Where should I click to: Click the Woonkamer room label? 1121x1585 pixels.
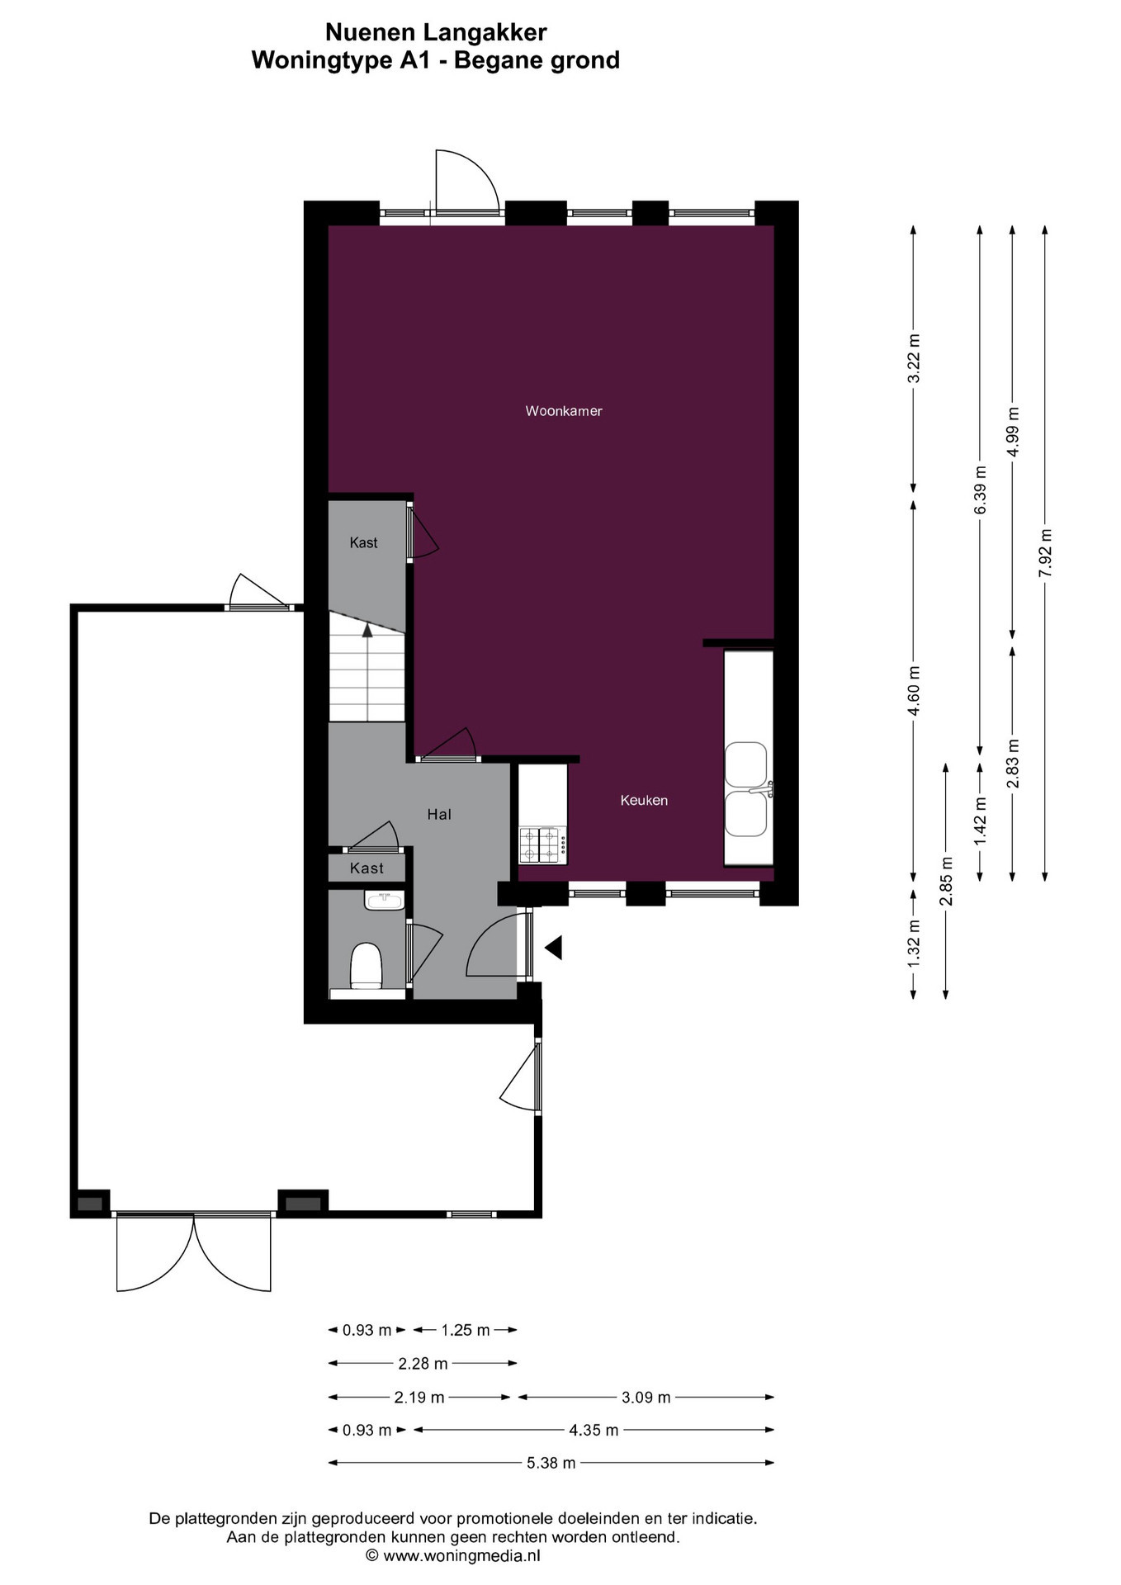(564, 411)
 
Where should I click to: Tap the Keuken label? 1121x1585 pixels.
(644, 800)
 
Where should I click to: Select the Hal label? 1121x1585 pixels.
(439, 815)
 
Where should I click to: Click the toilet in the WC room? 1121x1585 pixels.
(367, 966)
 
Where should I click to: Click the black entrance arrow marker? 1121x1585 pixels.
(553, 948)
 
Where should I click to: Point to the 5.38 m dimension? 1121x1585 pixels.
(551, 1463)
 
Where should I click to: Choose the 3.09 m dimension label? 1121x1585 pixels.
(646, 1398)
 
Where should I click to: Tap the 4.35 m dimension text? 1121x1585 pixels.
(594, 1430)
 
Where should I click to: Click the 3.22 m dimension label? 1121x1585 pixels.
(913, 359)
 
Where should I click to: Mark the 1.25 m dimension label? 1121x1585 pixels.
(466, 1330)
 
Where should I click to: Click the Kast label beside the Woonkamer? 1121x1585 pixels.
(363, 542)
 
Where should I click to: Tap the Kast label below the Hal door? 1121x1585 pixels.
(367, 868)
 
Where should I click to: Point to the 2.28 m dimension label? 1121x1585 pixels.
(423, 1364)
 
